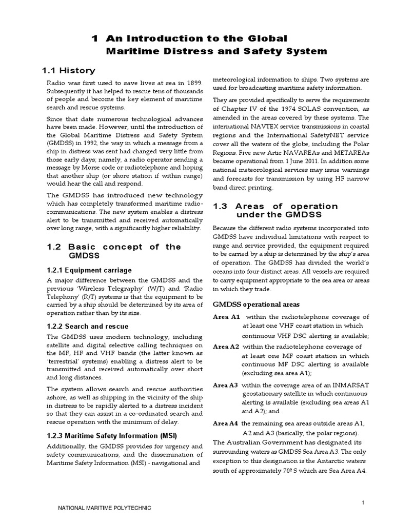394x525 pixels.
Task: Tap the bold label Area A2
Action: (226, 347)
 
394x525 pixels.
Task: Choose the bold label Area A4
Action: (226, 423)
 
